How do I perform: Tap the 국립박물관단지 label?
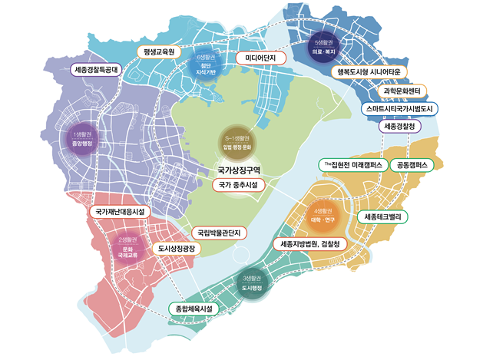click(x=218, y=231)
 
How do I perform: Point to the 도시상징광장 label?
click(x=176, y=249)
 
